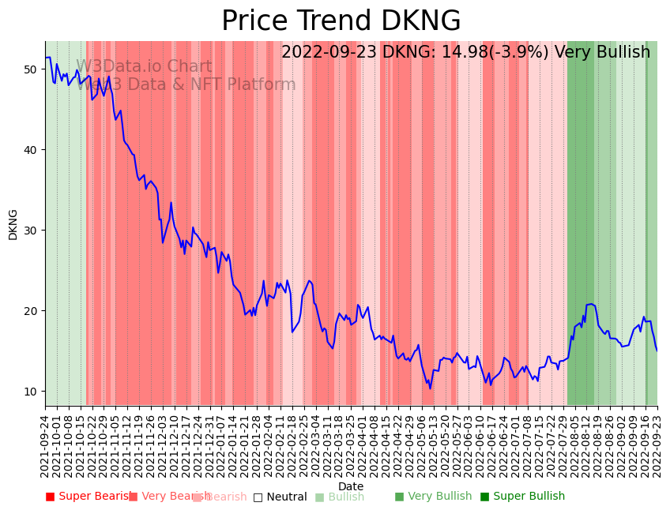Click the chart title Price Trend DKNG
click(341, 21)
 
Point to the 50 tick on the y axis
click(31, 69)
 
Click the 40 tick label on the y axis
click(31, 150)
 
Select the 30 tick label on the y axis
click(31, 231)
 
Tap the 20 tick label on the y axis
click(31, 311)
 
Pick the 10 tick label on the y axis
click(31, 392)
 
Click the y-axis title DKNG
click(13, 223)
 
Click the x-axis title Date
click(351, 486)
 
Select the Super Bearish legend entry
click(89, 497)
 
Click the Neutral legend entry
click(280, 497)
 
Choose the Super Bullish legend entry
click(522, 497)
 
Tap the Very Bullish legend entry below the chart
click(433, 497)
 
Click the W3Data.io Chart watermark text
click(144, 67)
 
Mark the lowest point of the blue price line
click(431, 388)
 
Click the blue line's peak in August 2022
click(590, 304)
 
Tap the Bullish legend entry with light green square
click(340, 497)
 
